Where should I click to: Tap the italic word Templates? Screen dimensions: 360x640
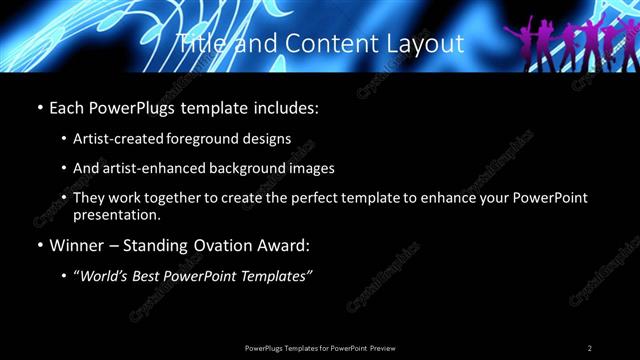[x=277, y=276]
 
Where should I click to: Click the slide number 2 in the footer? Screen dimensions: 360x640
[x=589, y=347]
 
